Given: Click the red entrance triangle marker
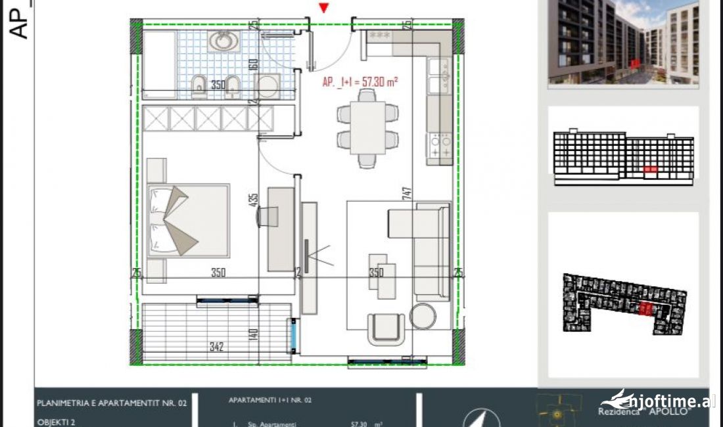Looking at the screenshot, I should [323, 8].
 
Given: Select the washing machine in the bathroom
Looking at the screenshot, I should [267, 86].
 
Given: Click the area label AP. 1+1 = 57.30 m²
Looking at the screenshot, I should [361, 82].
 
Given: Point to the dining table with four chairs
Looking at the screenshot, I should [367, 127].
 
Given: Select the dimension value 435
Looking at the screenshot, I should [252, 200].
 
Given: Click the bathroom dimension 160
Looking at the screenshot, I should [252, 66].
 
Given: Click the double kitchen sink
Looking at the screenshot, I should [439, 76].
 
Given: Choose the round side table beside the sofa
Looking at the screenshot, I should [423, 316].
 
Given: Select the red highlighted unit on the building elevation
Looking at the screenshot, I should [650, 169].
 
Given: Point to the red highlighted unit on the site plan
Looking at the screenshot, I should [647, 309].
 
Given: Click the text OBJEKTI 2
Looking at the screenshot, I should [56, 422].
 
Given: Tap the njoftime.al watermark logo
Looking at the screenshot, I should [659, 401].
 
